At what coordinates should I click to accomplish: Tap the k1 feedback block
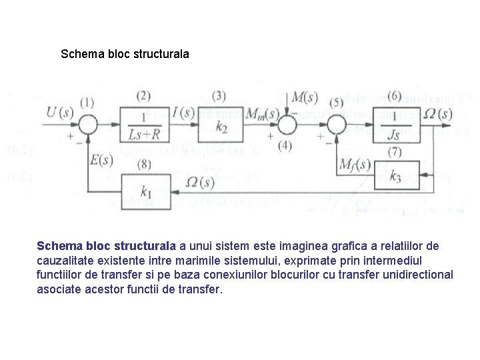[x=145, y=191]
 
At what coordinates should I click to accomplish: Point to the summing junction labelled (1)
[x=87, y=124]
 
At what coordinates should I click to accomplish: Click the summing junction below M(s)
[x=287, y=124]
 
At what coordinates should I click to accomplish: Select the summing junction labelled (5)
[x=335, y=124]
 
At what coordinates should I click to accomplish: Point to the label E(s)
[x=101, y=160]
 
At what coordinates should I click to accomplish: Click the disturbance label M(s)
[x=305, y=97]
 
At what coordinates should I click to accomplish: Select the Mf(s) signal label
[x=355, y=164]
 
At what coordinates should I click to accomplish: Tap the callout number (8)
[x=143, y=163]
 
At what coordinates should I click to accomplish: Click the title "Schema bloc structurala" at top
[x=125, y=53]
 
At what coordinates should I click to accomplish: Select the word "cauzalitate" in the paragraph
[x=65, y=260]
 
